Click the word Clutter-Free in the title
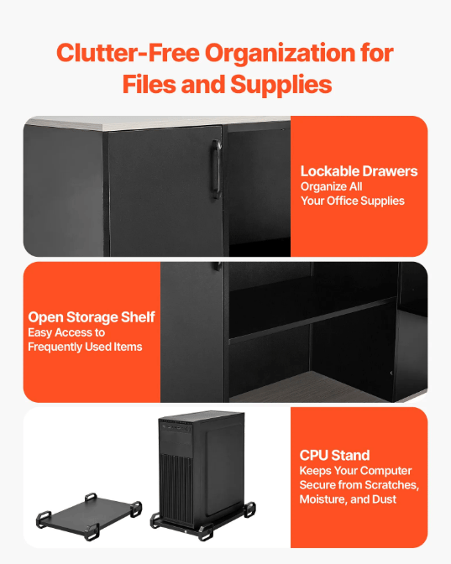128,53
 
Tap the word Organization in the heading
280,54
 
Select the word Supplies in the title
281,85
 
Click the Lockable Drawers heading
359,171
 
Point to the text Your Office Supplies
353,201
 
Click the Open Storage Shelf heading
92,317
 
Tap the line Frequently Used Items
85,347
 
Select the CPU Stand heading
334,456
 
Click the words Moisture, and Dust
348,499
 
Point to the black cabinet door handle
217,169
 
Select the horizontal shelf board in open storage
312,320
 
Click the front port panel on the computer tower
176,428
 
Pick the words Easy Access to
66,332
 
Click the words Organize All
331,186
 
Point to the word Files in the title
149,84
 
